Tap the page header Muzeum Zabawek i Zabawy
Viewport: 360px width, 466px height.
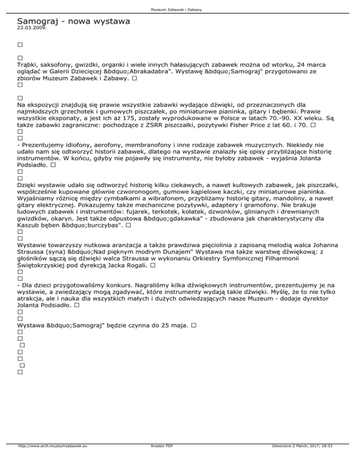(180, 9)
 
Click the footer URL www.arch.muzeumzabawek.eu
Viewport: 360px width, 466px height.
(53, 459)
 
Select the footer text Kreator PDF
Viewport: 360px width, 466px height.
(160, 459)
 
